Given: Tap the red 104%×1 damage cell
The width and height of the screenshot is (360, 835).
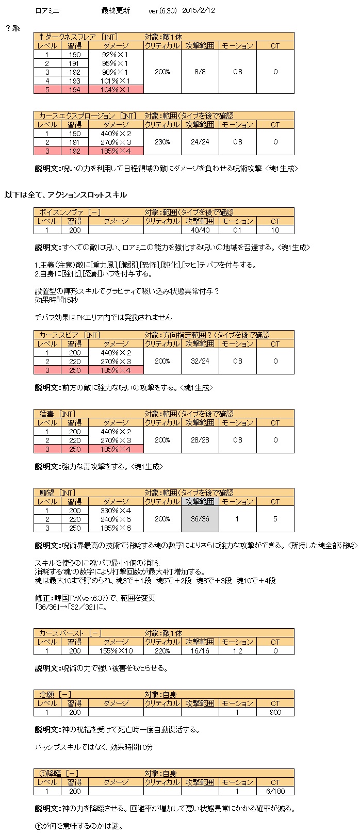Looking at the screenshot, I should point(116,89).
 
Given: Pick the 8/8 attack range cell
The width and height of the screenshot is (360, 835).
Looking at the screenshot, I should point(200,72).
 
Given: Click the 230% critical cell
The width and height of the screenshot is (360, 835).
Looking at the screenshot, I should point(162,142).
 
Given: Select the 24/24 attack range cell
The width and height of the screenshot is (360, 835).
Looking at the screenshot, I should point(200,142).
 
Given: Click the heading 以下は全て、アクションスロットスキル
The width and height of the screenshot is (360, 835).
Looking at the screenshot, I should point(66,195).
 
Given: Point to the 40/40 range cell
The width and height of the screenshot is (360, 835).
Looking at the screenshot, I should point(200,230).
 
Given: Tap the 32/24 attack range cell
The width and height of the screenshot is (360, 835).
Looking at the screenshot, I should point(200,361).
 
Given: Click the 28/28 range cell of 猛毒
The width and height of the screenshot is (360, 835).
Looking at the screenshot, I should point(200,440).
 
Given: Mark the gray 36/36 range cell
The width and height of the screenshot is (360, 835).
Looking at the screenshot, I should point(200,519).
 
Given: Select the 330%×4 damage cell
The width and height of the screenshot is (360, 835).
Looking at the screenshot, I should point(116,510).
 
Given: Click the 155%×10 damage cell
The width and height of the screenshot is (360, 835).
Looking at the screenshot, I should point(116,651).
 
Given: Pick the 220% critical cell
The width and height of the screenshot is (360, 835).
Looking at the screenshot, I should point(162,651).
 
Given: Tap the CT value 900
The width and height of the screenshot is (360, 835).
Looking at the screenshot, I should point(275,712).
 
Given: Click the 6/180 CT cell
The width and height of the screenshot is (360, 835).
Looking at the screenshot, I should point(275,791).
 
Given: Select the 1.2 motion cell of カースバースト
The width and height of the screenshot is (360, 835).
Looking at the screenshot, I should point(237,651).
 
